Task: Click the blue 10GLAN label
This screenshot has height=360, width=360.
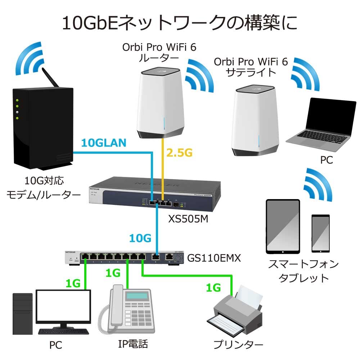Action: pos(104,143)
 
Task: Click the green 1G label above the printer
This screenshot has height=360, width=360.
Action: pos(214,288)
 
